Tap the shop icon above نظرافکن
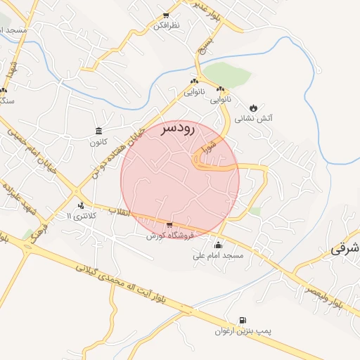(x=166, y=15)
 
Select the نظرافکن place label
(x=167, y=25)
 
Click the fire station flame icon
(x=253, y=108)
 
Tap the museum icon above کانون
(x=98, y=131)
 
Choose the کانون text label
(x=98, y=142)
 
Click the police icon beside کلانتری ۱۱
(x=82, y=206)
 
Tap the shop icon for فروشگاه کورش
(x=169, y=225)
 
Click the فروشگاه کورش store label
(x=169, y=236)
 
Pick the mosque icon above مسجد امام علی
(x=218, y=245)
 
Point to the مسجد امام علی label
(x=218, y=255)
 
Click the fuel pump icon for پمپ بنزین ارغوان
(x=243, y=320)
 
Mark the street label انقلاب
(x=119, y=210)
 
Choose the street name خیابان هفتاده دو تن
(x=117, y=151)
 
